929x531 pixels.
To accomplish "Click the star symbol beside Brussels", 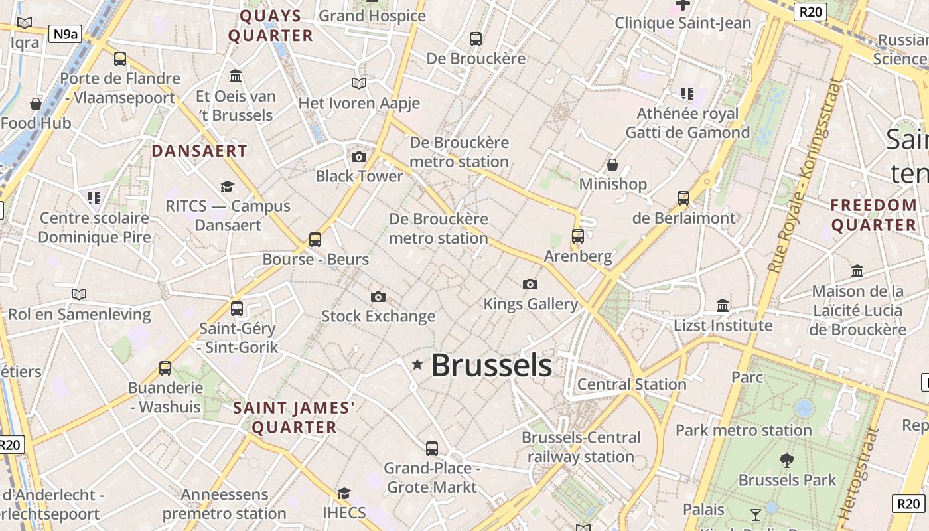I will pyautogui.click(x=417, y=364).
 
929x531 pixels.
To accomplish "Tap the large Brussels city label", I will pyautogui.click(x=492, y=366).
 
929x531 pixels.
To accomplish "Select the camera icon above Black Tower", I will pyautogui.click(x=359, y=157).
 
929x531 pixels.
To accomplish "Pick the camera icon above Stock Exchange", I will pyautogui.click(x=378, y=297).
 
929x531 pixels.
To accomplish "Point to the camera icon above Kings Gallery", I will pyautogui.click(x=530, y=285).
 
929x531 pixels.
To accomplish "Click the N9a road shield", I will pyautogui.click(x=65, y=34).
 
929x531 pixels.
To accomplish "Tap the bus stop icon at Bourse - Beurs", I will pyautogui.click(x=315, y=240).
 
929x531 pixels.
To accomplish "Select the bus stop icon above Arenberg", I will pyautogui.click(x=578, y=236).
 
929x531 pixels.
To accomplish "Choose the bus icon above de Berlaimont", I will pyautogui.click(x=683, y=198).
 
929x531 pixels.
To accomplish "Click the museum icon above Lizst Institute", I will pyautogui.click(x=723, y=306).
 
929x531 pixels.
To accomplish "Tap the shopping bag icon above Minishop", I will pyautogui.click(x=612, y=165).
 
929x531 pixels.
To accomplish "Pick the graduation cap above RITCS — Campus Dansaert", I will pyautogui.click(x=228, y=187).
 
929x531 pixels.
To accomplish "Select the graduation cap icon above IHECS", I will pyautogui.click(x=344, y=494).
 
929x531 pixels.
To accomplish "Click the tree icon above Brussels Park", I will pyautogui.click(x=787, y=460).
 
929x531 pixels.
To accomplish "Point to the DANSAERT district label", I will pyautogui.click(x=199, y=151).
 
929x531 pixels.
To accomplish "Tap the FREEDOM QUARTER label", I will pyautogui.click(x=873, y=215).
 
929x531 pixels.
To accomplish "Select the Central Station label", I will pyautogui.click(x=632, y=384).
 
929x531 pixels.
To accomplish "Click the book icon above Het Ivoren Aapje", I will pyautogui.click(x=359, y=84).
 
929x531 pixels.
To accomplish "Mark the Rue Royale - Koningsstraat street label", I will pyautogui.click(x=804, y=176).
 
